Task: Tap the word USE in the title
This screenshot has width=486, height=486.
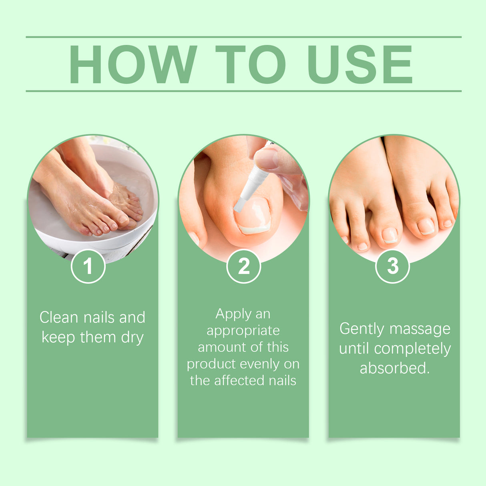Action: (x=359, y=64)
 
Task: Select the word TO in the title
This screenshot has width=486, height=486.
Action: (x=251, y=64)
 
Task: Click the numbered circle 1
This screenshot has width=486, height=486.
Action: (x=88, y=266)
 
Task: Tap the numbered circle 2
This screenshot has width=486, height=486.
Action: (x=243, y=266)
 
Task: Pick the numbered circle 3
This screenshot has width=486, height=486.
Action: (x=393, y=266)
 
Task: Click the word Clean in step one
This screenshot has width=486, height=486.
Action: (x=58, y=317)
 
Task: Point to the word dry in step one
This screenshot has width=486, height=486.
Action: (x=132, y=337)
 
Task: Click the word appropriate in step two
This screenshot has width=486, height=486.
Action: (x=243, y=331)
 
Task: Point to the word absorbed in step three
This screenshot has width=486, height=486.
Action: (x=394, y=368)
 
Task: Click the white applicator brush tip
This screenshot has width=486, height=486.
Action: (x=239, y=205)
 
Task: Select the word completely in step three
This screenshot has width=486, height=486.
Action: (x=412, y=349)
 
